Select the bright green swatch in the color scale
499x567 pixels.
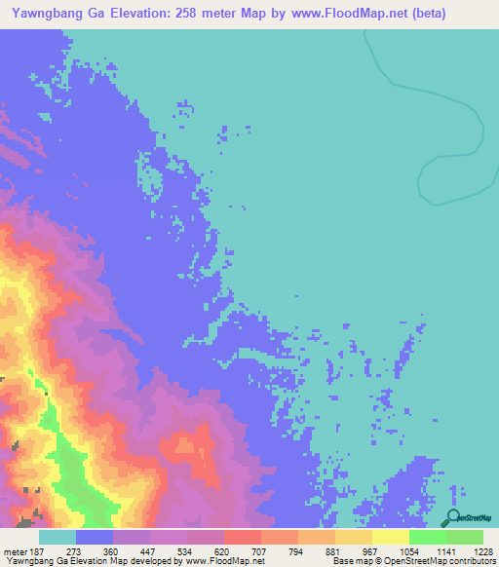pyautogui.click(x=427, y=537)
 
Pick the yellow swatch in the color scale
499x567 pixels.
pyautogui.click(x=390, y=537)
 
